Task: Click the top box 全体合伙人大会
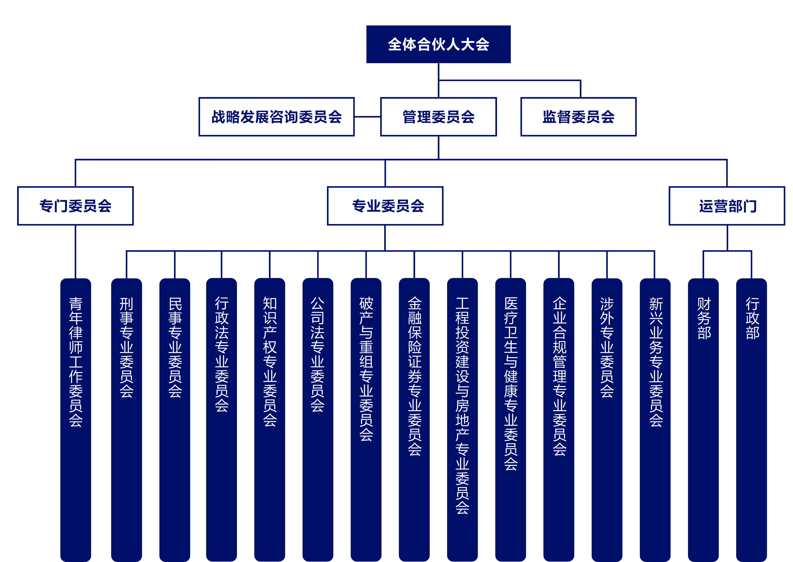[438, 44]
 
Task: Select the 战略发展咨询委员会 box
[276, 117]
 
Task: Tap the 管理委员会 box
[438, 117]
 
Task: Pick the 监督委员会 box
[578, 117]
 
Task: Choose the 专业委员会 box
[385, 206]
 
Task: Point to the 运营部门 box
[727, 206]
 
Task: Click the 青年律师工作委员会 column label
[76, 362]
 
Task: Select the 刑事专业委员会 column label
[126, 347]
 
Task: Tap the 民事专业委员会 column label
[175, 347]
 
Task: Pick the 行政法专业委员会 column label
[221, 354]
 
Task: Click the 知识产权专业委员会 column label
[270, 362]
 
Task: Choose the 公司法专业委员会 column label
[317, 354]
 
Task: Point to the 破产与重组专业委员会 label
[366, 369]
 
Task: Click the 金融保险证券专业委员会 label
[415, 376]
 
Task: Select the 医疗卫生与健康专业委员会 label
[511, 383]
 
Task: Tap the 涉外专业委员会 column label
[607, 347]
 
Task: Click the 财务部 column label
[704, 318]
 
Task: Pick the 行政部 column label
[752, 318]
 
